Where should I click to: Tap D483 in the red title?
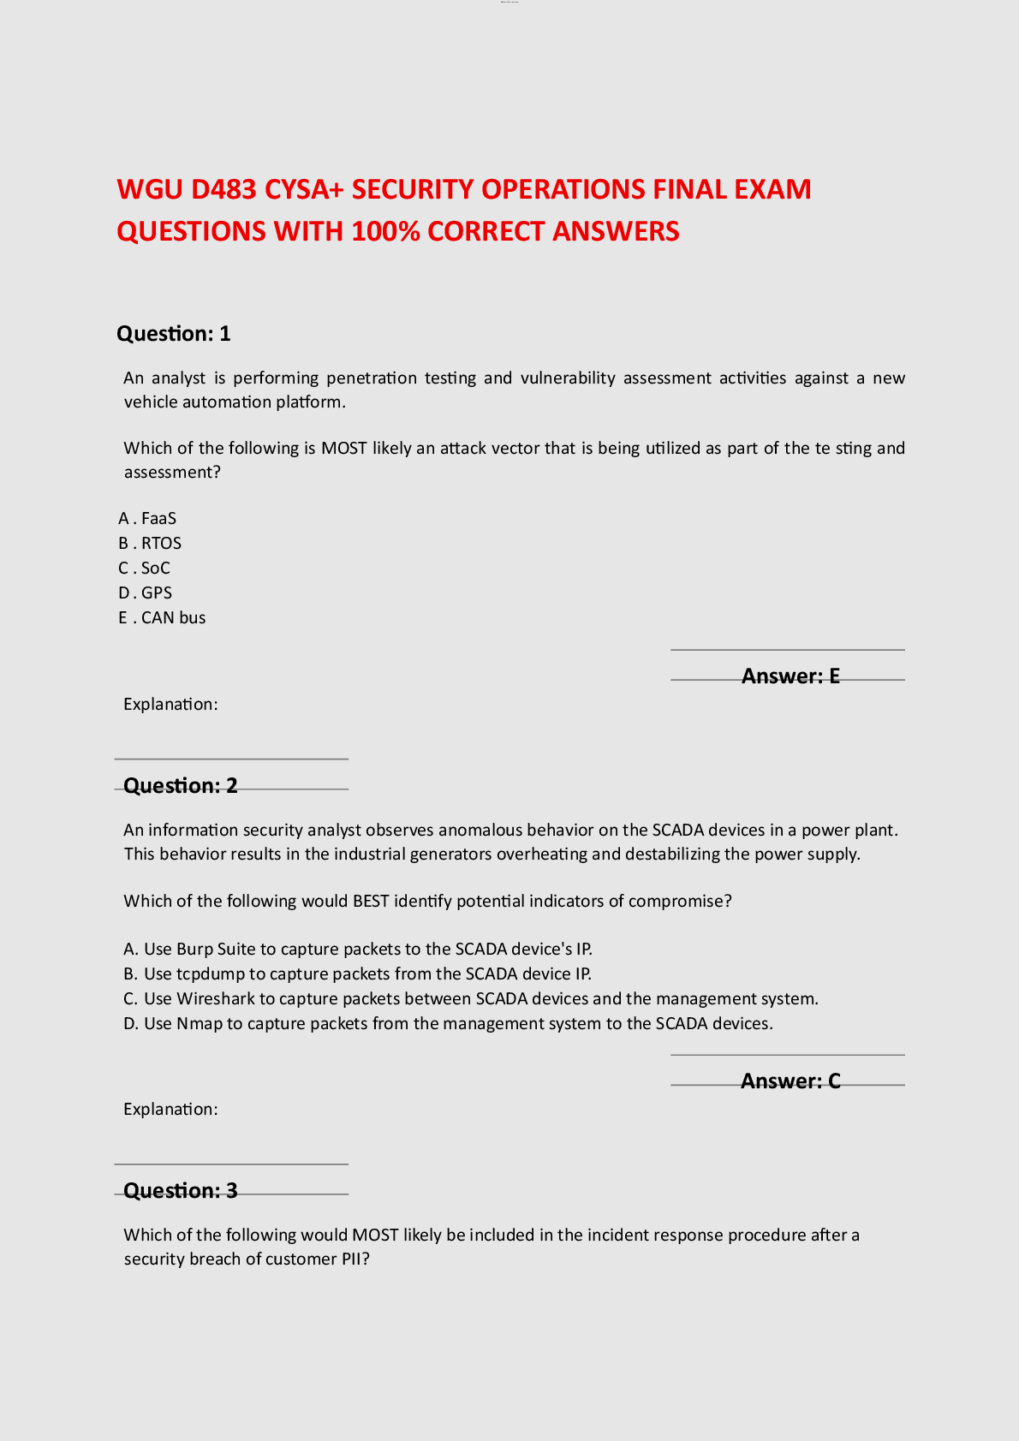pos(223,189)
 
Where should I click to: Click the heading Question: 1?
pos(174,334)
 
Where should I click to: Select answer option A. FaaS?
pos(147,518)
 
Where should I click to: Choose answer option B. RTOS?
pos(150,543)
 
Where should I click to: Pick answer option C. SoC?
pos(145,568)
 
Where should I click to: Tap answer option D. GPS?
pos(146,592)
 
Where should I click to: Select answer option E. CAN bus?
pos(162,617)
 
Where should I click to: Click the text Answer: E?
pos(790,676)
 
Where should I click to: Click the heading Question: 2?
pos(181,786)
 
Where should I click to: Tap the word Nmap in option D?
pos(200,1023)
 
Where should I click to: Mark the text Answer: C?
pos(790,1081)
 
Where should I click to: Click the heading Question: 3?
pos(181,1191)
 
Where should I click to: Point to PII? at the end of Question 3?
pos(355,1259)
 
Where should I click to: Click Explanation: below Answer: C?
pos(170,1109)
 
